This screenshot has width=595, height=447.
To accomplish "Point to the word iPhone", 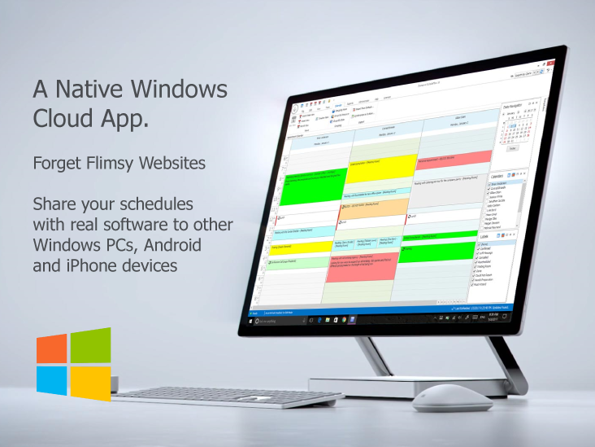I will pos(87,265).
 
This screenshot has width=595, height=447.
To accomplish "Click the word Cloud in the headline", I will pos(63,118).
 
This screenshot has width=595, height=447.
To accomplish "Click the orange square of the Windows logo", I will pos(51,348).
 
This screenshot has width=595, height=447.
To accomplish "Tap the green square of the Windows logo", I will pos(90,344).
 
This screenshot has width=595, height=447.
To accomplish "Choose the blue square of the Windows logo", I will pos(51,379).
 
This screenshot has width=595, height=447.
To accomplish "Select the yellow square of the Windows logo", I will pos(90,383).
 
